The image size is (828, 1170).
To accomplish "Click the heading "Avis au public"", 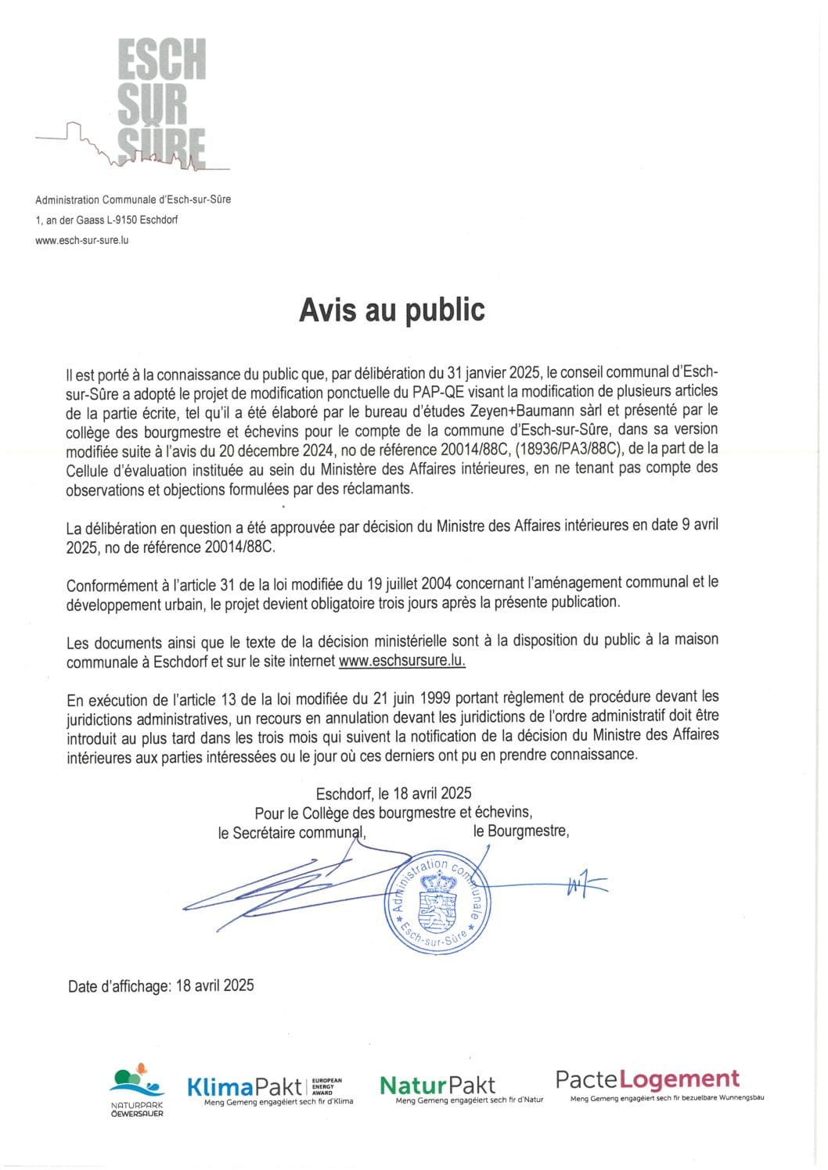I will point(392,310).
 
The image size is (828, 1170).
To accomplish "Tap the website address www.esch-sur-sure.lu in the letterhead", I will point(82,240).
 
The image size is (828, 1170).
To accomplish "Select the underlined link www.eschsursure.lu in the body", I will point(402,661).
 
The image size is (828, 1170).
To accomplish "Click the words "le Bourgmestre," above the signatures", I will point(520,831).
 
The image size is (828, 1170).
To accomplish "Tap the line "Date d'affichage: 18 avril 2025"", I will point(161,986).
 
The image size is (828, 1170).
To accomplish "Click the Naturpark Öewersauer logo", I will point(137,1090).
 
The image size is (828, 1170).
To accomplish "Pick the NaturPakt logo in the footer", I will point(438,1087).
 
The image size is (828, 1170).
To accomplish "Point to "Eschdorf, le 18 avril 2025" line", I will point(394,794).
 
